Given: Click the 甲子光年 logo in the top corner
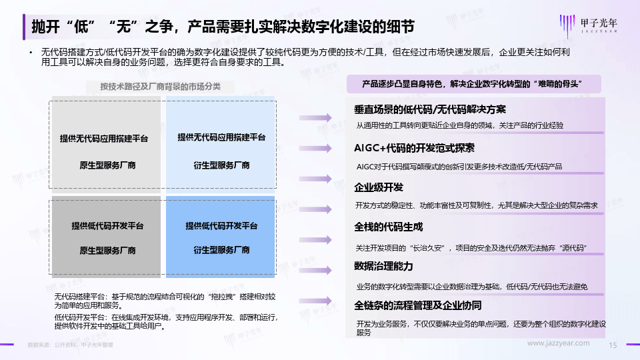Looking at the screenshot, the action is point(591,25).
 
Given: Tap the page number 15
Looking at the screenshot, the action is point(614,345).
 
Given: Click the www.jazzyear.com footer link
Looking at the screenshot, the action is point(559,343).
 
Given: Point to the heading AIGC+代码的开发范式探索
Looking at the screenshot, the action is point(414,148).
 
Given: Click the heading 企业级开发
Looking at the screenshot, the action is point(379,187).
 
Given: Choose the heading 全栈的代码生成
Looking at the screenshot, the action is point(388,227).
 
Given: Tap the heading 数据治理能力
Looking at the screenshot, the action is point(383,266).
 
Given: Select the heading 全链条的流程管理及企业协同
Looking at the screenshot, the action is point(417,305).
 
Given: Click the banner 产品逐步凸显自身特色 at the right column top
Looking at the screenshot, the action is point(473,84).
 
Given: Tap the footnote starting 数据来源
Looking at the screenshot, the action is point(70,345).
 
